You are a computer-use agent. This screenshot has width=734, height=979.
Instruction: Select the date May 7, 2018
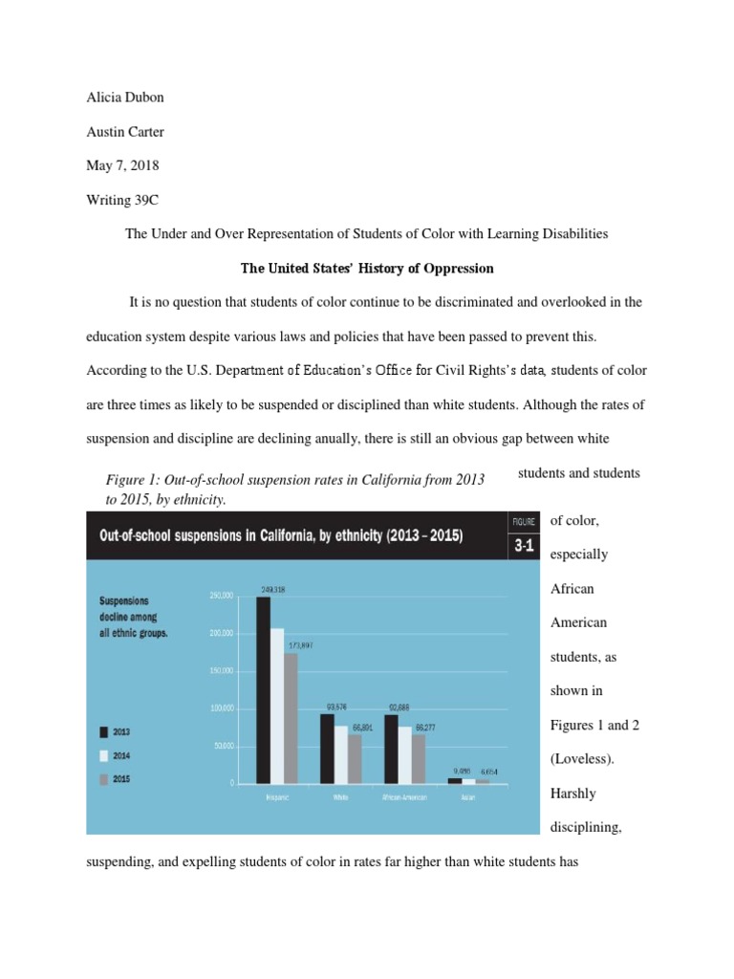pyautogui.click(x=118, y=165)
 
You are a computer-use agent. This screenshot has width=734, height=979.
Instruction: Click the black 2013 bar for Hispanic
pyautogui.click(x=263, y=688)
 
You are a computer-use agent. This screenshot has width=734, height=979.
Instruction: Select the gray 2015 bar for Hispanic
pyautogui.click(x=291, y=717)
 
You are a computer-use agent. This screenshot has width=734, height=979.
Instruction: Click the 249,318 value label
pyautogui.click(x=272, y=589)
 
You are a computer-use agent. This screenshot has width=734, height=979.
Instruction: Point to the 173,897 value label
pyautogui.click(x=299, y=645)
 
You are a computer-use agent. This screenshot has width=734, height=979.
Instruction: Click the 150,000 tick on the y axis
pyautogui.click(x=221, y=671)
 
